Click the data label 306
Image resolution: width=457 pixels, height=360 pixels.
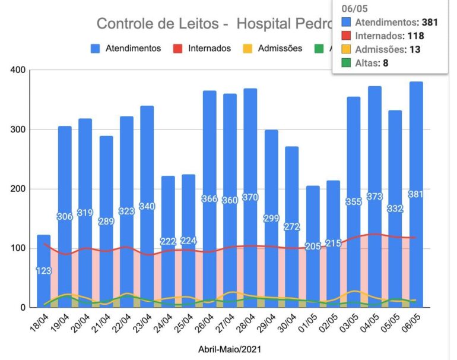pos(65,217)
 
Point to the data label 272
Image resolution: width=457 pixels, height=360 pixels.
pos(292,227)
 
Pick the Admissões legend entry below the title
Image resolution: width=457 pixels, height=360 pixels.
pos(273,48)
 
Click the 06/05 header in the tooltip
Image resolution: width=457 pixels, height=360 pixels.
pos(351,9)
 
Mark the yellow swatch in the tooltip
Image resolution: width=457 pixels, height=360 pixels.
pos(345,49)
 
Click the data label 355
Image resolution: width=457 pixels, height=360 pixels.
pos(354,202)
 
